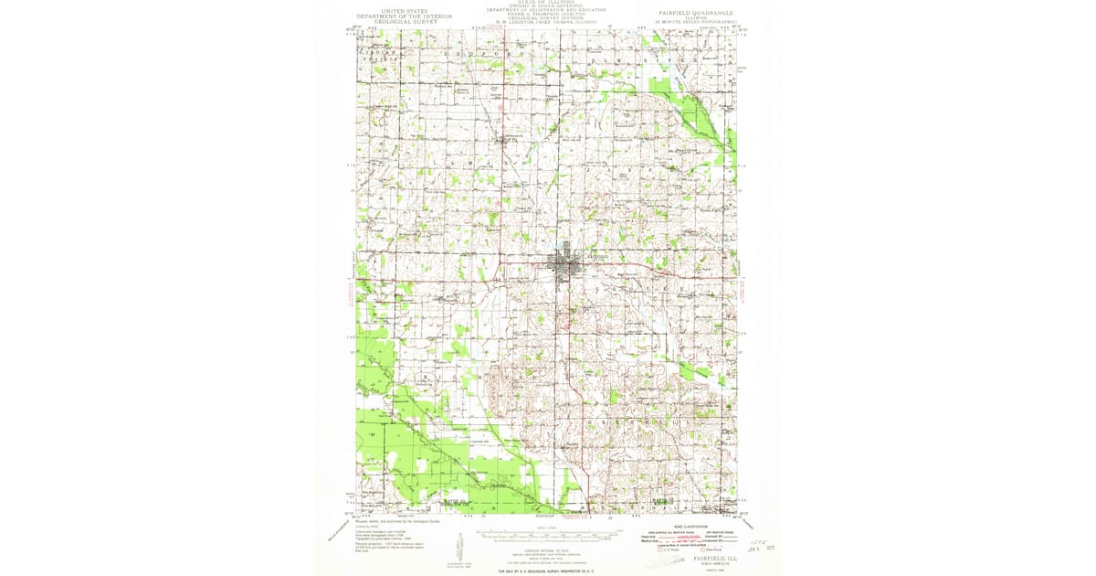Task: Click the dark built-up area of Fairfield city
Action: pyautogui.click(x=564, y=266)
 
